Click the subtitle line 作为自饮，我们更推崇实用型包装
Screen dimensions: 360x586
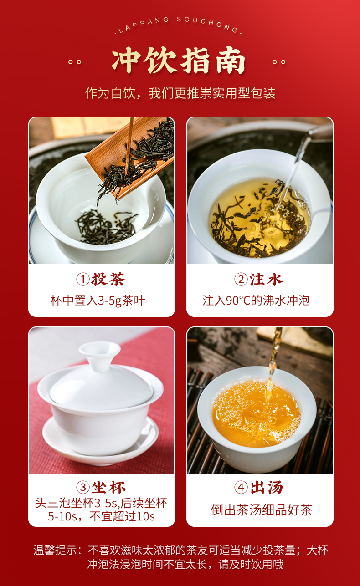pos(180,93)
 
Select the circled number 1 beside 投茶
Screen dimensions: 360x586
pos(83,279)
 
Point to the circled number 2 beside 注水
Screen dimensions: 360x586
pos(241,279)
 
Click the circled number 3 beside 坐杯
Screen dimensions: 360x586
pos(83,487)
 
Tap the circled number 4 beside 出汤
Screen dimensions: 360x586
pos(241,487)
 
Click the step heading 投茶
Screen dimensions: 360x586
pos(108,279)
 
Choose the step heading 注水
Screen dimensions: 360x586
pos(266,279)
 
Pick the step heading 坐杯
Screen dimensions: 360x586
pos(108,487)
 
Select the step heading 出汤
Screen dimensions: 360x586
pos(267,487)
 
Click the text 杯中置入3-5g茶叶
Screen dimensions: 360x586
pos(98,301)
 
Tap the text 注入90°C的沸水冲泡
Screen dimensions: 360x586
pos(256,301)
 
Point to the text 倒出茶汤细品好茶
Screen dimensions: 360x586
pos(262,510)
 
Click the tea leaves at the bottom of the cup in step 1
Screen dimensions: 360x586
pos(106,227)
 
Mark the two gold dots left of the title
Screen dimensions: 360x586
pos(75,62)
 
